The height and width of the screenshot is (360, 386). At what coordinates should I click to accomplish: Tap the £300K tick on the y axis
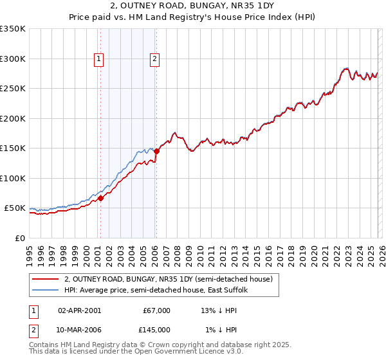click(x=13, y=59)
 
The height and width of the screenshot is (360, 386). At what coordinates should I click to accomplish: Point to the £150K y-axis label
click(x=13, y=148)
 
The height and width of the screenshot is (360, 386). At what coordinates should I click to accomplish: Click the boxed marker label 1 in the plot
click(x=99, y=59)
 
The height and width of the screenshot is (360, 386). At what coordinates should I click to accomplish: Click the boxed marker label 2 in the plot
click(x=155, y=59)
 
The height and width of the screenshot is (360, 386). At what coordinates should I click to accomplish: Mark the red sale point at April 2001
click(x=100, y=198)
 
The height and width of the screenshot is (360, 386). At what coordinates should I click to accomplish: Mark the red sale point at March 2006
click(x=156, y=152)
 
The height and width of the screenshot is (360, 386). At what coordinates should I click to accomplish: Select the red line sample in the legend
click(x=46, y=280)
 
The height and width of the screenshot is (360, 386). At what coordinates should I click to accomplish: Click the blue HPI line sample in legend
click(x=46, y=291)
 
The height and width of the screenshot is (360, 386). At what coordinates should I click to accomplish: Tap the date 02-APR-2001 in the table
click(x=79, y=310)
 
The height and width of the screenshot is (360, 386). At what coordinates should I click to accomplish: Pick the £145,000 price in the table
click(x=157, y=330)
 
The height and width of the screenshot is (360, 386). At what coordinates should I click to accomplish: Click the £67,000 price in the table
click(x=157, y=310)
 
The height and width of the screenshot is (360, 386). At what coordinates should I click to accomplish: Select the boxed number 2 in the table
click(x=34, y=330)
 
